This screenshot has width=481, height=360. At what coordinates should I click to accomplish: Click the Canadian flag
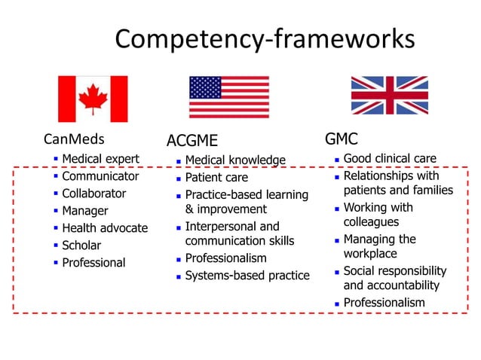coord(93,99)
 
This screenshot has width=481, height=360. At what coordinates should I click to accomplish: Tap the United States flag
coord(228,97)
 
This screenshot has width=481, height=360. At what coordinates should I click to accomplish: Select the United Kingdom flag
coord(389,95)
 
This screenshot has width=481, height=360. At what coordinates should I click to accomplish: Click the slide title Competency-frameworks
coord(265,38)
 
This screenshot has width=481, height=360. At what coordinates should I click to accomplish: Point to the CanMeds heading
coord(74,139)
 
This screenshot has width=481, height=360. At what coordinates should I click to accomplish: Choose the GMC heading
coord(341,139)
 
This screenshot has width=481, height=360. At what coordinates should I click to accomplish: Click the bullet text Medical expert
coord(100,159)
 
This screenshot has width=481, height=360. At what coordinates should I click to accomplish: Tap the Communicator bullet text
coord(100,176)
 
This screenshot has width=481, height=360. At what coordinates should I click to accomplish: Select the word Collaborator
coord(94,194)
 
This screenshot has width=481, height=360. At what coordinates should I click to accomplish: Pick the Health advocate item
coord(105,228)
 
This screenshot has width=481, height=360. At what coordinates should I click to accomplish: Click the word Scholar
coord(81,246)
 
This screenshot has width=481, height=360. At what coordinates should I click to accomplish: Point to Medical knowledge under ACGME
coord(235,160)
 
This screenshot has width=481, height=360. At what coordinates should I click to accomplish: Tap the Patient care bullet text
coord(216,178)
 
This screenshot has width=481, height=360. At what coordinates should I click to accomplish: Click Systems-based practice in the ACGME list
coord(247,276)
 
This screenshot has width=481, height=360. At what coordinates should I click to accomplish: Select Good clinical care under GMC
coord(390,158)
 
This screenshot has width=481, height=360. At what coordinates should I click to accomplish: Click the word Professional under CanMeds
coord(93,263)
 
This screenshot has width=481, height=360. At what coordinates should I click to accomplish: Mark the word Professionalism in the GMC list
coord(384,303)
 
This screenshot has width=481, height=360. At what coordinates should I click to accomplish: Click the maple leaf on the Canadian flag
coord(93,99)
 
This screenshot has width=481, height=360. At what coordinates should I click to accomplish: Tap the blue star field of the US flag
coord(205,87)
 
